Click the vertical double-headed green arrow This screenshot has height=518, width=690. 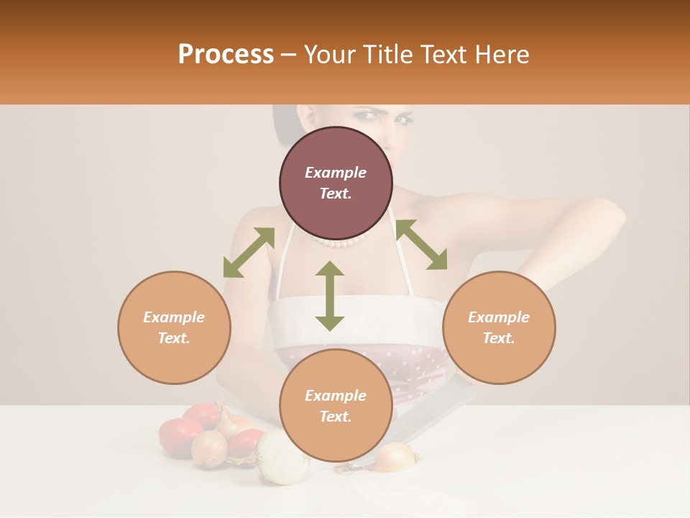coord(329,296)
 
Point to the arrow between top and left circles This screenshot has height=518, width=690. coord(249,253)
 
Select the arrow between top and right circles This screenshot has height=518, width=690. coord(421,245)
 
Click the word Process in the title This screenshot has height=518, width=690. coord(226,54)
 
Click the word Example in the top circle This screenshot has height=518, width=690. coord(336,173)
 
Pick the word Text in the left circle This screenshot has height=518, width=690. coord(174,338)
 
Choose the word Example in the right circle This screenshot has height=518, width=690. coord(499,317)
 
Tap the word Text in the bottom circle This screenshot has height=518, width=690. coord(336,417)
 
